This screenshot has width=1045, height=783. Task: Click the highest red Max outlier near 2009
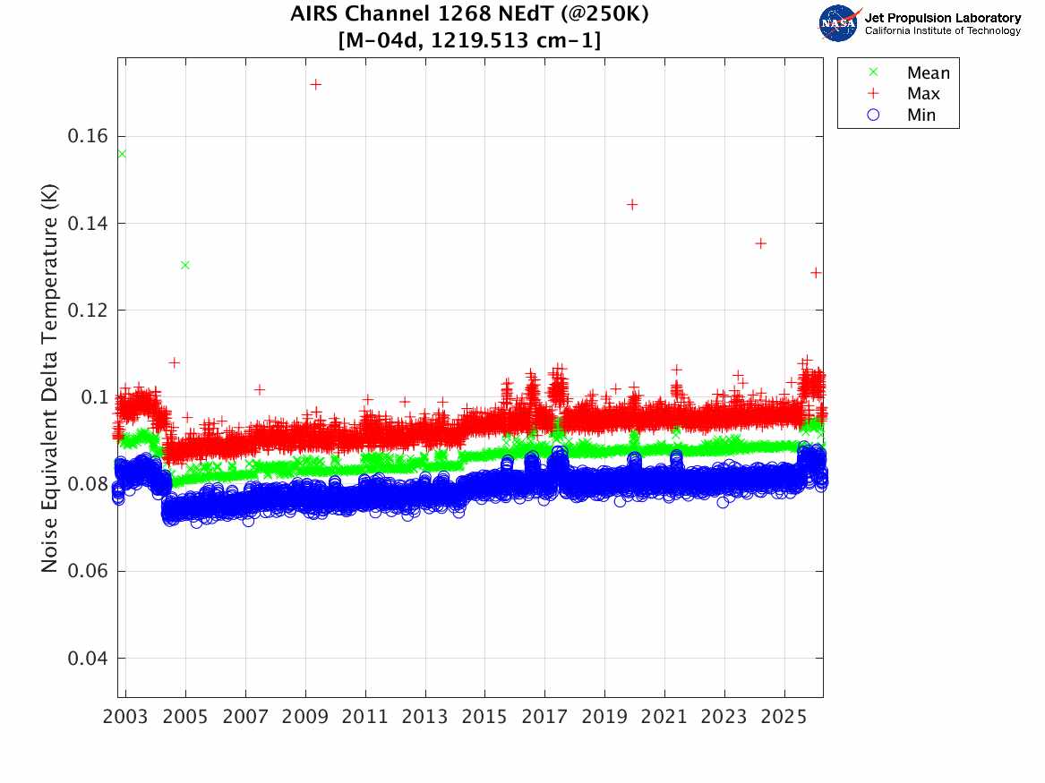click(x=316, y=84)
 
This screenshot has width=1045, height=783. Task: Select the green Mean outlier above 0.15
click(x=122, y=154)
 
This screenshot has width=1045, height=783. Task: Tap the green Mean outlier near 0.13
click(x=185, y=265)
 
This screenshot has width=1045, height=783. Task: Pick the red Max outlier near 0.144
click(x=632, y=204)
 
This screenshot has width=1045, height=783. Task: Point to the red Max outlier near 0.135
click(x=761, y=243)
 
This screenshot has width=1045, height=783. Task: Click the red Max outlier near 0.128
click(x=816, y=273)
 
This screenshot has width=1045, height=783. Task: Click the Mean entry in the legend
click(x=911, y=72)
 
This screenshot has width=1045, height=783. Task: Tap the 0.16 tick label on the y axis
click(x=87, y=137)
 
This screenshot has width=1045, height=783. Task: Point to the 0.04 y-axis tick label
click(x=87, y=659)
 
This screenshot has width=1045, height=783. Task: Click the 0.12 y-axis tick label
click(x=87, y=311)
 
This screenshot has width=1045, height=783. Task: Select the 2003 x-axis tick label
click(x=125, y=717)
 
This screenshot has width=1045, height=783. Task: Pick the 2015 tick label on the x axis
click(x=484, y=717)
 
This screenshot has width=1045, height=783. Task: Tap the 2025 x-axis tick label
click(x=784, y=717)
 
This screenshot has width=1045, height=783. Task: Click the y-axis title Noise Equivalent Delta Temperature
click(x=49, y=378)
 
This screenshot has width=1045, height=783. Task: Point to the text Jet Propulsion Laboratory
click(x=943, y=18)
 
